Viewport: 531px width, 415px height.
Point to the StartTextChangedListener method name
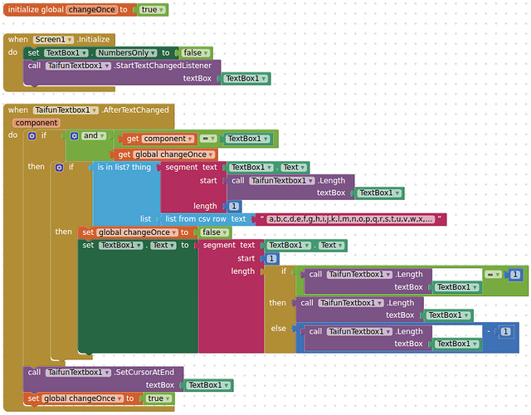[163, 66]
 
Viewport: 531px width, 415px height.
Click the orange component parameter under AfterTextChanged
[37, 123]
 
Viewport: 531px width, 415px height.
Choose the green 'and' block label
[90, 135]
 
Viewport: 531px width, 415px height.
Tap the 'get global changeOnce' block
[163, 154]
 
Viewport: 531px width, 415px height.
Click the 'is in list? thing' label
[124, 167]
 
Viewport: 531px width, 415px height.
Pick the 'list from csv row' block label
[195, 219]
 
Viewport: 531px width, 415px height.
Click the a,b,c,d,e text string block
[351, 219]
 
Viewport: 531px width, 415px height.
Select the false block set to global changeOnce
[212, 232]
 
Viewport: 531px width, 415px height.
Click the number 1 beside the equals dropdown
[515, 274]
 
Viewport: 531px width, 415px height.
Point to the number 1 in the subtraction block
[506, 331]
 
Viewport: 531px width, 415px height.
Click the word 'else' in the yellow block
[278, 329]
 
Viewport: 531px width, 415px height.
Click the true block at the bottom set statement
[155, 398]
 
